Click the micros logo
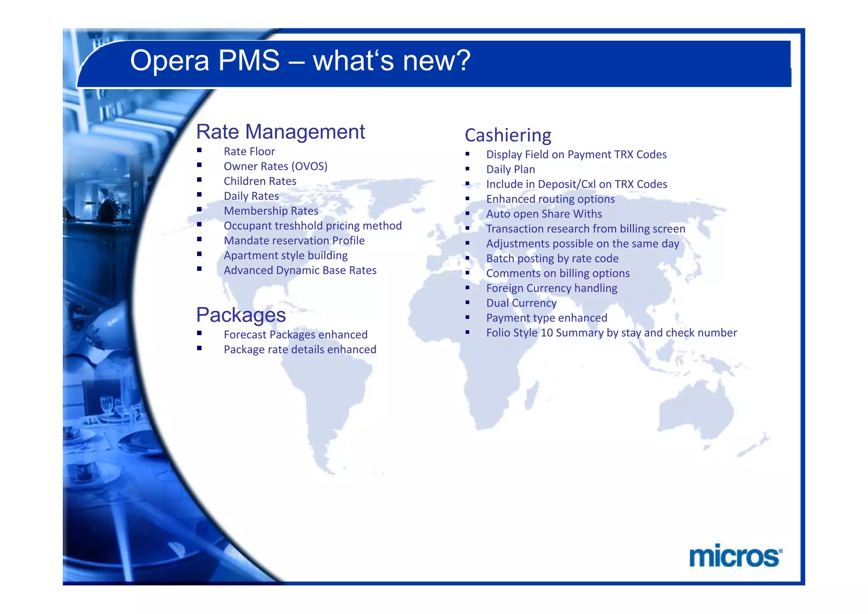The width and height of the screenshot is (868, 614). [x=735, y=556]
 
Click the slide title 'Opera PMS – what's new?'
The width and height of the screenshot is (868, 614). [x=300, y=60]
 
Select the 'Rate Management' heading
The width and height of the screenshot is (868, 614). [x=280, y=131]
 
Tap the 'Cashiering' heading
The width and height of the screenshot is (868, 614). [x=508, y=135]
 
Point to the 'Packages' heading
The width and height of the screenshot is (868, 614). [x=241, y=315]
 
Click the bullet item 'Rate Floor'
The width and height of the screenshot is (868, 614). [x=249, y=151]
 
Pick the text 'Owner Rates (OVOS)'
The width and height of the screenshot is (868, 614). [x=275, y=166]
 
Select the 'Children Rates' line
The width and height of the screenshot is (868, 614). [x=260, y=181]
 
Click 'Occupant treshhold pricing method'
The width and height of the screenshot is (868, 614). [x=312, y=226]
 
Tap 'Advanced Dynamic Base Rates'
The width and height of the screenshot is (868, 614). [x=300, y=270]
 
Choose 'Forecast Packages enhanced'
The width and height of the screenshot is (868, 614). [x=295, y=335]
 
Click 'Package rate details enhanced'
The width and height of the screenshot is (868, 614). [x=300, y=349]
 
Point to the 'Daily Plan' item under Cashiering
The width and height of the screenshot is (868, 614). [x=510, y=169]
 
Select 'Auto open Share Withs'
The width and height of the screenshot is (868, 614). [x=544, y=214]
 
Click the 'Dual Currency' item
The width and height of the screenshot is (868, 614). [x=521, y=303]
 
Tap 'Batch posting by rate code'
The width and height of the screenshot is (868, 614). [x=552, y=258]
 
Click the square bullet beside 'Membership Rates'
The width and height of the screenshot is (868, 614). [x=199, y=209]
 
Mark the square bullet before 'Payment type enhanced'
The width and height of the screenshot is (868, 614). [x=467, y=317]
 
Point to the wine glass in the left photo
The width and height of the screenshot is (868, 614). [x=106, y=405]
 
